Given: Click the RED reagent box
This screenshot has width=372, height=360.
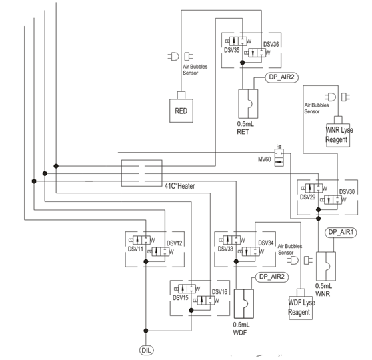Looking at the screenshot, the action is coord(181,111).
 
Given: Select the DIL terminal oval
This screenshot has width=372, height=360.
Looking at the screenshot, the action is coord(146,351).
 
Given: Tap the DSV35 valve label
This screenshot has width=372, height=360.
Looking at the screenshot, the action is coord(232,50).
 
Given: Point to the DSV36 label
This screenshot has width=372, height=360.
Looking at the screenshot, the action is coord(271,45).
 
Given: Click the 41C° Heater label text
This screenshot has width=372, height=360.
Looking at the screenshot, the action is coord(179,186).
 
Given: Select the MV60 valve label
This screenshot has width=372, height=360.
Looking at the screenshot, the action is coord(264,159).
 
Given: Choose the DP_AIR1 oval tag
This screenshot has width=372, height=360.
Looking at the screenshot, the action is coord(341,232).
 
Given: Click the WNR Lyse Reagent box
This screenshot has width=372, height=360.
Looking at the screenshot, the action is coord(338,135).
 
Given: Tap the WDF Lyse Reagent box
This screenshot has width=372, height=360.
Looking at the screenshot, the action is coord(301,308).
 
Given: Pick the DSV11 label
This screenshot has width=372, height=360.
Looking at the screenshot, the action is coord(135,249).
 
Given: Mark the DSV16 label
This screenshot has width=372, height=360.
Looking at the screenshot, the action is coord(219,291).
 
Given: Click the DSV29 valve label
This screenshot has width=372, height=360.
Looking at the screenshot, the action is coord(307,197).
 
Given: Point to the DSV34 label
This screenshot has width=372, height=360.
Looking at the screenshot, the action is coord(266,243).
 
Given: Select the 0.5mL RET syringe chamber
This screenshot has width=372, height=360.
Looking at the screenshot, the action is coord(248,104).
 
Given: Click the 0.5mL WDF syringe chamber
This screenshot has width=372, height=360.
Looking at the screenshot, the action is coord(243,303).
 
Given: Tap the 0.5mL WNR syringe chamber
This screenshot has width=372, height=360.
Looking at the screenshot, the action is coord(326,266).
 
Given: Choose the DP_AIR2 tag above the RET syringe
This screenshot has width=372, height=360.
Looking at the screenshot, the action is coord(281,77).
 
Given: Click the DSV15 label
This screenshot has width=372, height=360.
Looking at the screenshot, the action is coord(181,297).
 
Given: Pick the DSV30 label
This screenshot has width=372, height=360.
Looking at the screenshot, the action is coord(347,191).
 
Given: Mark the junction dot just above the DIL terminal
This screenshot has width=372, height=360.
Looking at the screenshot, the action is coord(146,331).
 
